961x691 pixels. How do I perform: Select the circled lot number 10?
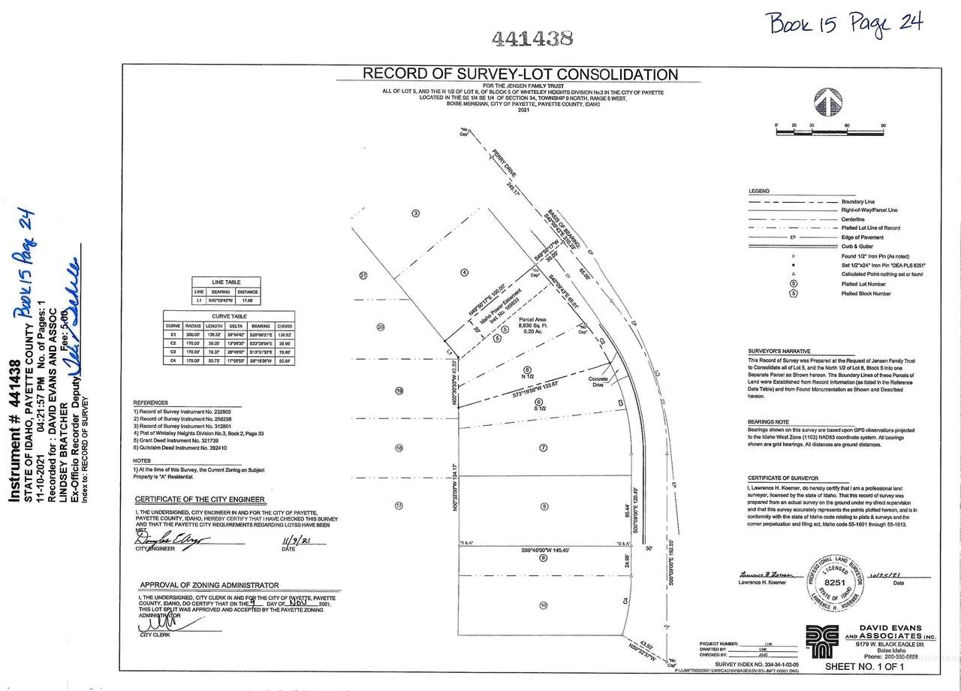(542, 605)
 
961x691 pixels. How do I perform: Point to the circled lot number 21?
(363, 275)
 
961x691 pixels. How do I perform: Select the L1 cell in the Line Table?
(199, 300)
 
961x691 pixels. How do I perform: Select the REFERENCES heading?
(150, 403)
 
